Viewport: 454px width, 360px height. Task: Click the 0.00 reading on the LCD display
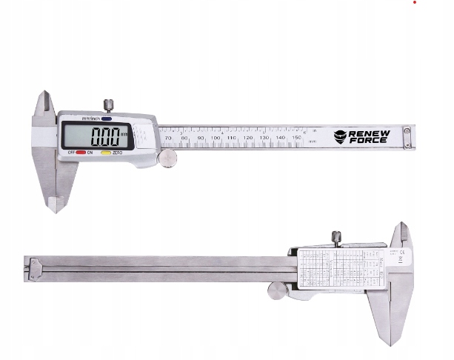(x=104, y=136)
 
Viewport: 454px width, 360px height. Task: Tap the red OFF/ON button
(x=81, y=153)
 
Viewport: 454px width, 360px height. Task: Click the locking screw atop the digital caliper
(x=108, y=104)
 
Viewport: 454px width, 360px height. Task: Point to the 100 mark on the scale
(x=216, y=139)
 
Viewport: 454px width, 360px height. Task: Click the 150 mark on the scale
(x=297, y=139)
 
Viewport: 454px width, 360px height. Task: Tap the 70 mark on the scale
(x=169, y=139)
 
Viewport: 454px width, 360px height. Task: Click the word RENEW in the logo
(x=368, y=133)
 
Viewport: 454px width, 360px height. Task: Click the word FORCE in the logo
(x=368, y=140)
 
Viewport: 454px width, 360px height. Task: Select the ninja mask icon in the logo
(x=340, y=136)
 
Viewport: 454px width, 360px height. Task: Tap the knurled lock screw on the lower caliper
(x=336, y=237)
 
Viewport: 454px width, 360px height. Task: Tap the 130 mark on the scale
(x=264, y=139)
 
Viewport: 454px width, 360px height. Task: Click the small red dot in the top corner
(x=414, y=2)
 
